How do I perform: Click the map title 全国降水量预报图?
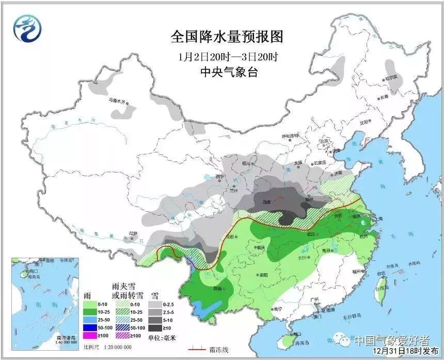(x=227, y=37)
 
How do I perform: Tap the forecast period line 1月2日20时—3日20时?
(x=227, y=56)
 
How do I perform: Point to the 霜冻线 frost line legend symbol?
(x=198, y=349)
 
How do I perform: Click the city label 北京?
(x=324, y=140)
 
